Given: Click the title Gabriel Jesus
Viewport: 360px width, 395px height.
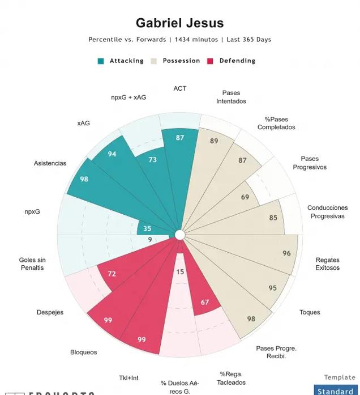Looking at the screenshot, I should (x=179, y=23).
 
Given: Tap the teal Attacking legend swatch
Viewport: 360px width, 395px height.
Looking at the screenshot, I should (x=101, y=61).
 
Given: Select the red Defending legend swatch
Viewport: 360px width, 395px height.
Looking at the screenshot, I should (x=211, y=61).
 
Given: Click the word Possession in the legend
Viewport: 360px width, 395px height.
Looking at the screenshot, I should (x=181, y=61).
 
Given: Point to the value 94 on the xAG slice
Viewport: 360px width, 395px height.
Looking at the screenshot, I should (x=112, y=154).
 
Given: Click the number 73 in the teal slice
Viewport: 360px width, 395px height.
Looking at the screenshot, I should (x=153, y=160).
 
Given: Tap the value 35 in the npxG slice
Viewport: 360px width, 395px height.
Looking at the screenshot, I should (x=147, y=229).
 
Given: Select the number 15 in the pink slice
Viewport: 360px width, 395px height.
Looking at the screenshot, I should (x=180, y=272).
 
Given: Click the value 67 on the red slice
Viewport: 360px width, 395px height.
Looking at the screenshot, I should (x=205, y=302).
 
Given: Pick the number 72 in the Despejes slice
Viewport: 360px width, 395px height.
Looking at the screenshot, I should (x=112, y=274).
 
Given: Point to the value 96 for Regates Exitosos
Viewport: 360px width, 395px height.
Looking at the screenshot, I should (x=286, y=253).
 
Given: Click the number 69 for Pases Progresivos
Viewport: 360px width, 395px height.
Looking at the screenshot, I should (x=245, y=197).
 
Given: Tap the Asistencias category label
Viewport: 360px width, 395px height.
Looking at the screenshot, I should (x=50, y=163).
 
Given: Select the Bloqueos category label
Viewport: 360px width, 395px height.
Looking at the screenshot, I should (x=84, y=352).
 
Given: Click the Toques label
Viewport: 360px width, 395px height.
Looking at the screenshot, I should (x=310, y=312).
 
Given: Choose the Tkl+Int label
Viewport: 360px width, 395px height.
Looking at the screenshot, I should (x=128, y=378).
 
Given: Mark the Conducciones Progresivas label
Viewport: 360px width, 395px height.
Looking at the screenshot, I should (x=327, y=212).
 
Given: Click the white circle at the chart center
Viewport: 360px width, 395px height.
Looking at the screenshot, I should (x=180, y=235).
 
